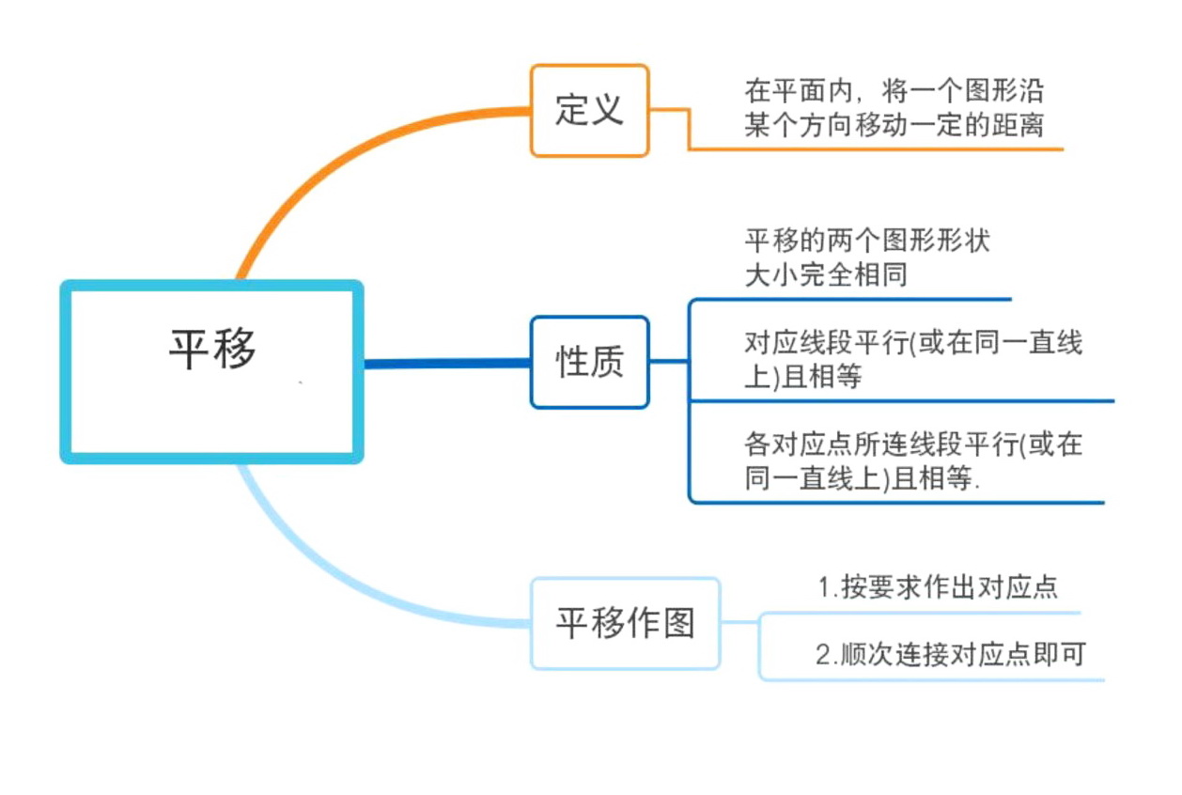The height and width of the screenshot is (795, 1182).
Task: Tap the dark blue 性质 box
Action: tap(589, 362)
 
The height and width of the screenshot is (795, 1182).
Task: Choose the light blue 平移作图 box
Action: tap(626, 623)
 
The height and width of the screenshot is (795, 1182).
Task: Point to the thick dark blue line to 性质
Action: tap(446, 363)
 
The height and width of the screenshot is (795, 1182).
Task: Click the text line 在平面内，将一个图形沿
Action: tap(894, 92)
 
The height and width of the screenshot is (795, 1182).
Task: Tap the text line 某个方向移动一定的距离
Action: tap(894, 125)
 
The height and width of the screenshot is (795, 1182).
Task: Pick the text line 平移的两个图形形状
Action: tap(867, 241)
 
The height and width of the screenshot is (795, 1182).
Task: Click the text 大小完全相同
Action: tap(826, 275)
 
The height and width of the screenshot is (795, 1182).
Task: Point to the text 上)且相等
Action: tap(803, 377)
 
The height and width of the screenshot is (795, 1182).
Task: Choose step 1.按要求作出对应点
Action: tap(938, 587)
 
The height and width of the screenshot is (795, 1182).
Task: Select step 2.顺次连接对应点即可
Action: tap(950, 654)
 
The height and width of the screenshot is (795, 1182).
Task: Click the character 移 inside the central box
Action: tap(235, 349)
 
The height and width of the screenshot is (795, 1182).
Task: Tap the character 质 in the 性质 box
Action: tap(607, 362)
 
